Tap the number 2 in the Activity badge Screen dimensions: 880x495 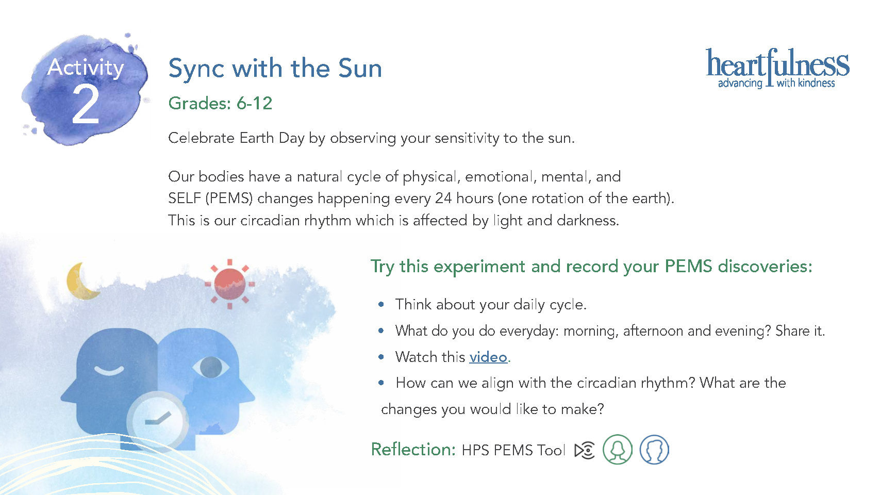[86, 105]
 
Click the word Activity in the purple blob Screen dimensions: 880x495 [86, 68]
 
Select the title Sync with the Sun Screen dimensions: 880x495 [275, 69]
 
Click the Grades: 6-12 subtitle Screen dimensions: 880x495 [220, 103]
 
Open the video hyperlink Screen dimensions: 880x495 [488, 357]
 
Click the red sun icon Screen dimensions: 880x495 [230, 284]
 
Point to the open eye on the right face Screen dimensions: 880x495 [211, 367]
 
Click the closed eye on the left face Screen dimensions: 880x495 [109, 370]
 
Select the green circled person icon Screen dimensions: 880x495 [618, 450]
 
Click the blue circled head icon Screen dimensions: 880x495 [654, 450]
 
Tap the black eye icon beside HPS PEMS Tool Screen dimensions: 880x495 [584, 450]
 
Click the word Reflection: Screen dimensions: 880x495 [413, 450]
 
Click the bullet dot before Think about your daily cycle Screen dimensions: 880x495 [380, 304]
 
